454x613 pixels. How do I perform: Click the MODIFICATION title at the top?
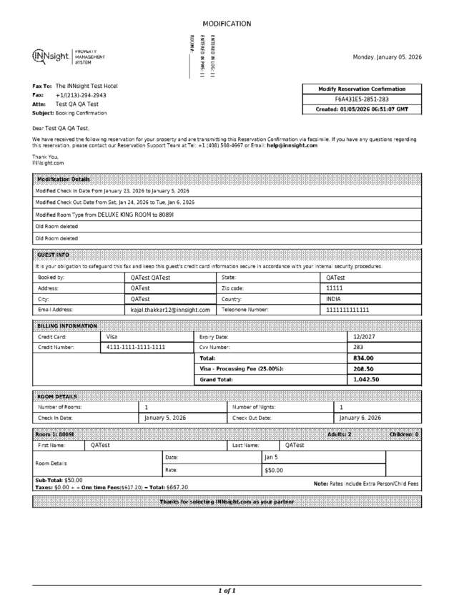coord(227,24)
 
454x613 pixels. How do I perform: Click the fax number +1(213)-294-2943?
coord(81,95)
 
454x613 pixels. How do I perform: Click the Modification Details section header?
coord(64,180)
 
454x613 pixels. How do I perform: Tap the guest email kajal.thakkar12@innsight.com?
coord(170,310)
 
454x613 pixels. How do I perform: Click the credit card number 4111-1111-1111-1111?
coord(136,347)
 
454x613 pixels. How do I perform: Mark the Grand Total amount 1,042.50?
coord(366,380)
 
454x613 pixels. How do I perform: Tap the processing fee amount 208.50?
coord(364,368)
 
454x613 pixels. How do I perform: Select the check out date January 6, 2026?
coord(360,418)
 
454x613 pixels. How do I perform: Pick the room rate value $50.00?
coord(274,470)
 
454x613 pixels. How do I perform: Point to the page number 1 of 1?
coord(227,591)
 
